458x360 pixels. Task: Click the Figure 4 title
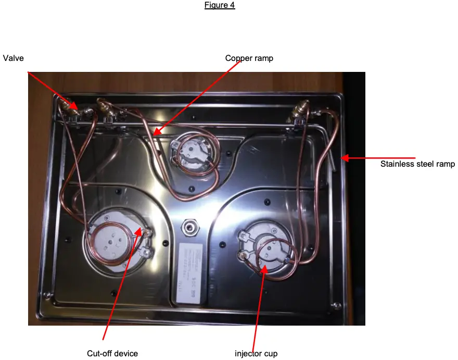coord(220,5)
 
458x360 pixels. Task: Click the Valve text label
coord(14,58)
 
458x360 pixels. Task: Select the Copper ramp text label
coord(249,58)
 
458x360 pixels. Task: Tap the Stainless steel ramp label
coord(417,164)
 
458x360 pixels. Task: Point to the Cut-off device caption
coord(112,353)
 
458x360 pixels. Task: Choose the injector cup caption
coord(256,354)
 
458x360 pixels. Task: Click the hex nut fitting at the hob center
coord(189,227)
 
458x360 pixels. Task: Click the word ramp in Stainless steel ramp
coord(445,164)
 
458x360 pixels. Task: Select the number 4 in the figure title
coord(233,5)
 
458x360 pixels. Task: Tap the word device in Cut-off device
coord(125,353)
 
